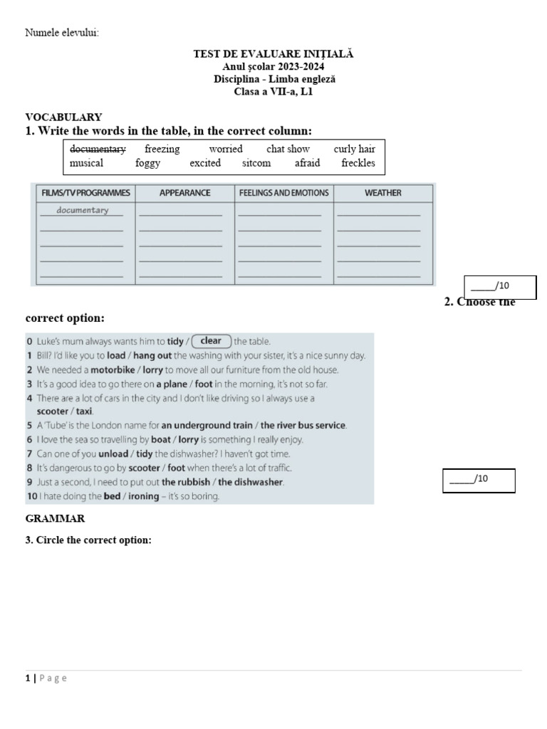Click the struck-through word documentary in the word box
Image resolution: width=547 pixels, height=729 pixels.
[x=98, y=149]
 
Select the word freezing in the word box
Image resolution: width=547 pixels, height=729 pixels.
[x=162, y=149]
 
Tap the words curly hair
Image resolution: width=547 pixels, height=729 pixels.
[x=354, y=149]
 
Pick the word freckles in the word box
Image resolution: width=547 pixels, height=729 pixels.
[x=358, y=163]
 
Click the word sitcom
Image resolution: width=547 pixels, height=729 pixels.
[x=256, y=163]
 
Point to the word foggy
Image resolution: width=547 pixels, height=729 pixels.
[x=147, y=163]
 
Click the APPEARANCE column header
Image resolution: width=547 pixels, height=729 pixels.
[x=184, y=193]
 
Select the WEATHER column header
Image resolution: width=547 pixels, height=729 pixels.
[x=382, y=193]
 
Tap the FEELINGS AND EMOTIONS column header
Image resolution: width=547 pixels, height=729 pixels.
[x=283, y=193]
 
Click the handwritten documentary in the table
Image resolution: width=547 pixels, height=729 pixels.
[x=83, y=210]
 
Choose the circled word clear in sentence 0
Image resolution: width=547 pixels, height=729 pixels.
[x=211, y=341]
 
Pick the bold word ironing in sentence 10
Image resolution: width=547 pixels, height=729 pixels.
[x=143, y=496]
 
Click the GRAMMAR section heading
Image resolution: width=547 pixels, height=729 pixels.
[x=56, y=519]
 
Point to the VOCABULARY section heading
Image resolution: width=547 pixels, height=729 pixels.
[x=63, y=117]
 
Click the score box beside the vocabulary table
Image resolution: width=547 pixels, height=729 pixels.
[x=500, y=287]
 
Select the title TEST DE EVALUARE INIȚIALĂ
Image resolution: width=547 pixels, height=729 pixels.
[x=273, y=53]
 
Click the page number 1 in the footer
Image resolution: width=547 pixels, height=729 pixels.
[x=28, y=678]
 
